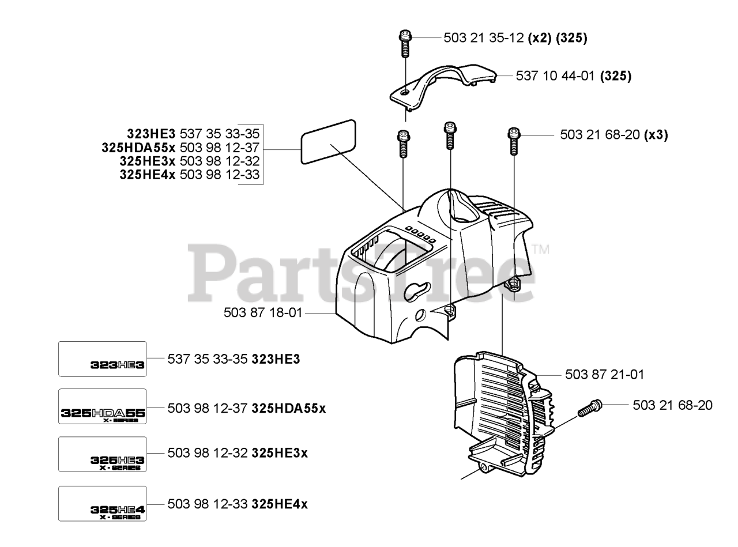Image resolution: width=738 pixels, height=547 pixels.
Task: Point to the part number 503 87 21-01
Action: (x=604, y=375)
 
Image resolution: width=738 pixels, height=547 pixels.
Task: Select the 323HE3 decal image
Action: (x=103, y=359)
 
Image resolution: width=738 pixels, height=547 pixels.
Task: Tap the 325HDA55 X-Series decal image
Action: (x=103, y=407)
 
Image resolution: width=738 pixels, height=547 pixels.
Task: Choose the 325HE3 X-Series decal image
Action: (x=103, y=454)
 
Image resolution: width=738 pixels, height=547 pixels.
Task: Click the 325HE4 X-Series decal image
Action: (x=103, y=504)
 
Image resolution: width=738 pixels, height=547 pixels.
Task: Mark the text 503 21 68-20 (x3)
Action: (x=613, y=135)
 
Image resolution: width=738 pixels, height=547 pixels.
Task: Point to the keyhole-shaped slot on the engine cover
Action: (x=417, y=291)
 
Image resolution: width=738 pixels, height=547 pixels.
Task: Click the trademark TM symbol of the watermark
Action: (x=541, y=249)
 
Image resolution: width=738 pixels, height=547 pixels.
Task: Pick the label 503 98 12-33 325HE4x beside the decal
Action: (x=238, y=504)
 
